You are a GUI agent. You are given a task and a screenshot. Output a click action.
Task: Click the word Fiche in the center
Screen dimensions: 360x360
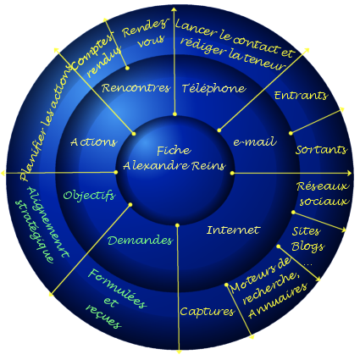click(174, 150)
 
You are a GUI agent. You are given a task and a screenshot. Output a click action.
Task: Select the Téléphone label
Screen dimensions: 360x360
click(213, 89)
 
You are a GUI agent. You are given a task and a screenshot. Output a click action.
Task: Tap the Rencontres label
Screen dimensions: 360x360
click(136, 88)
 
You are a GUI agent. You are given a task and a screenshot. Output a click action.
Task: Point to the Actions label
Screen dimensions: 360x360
click(93, 141)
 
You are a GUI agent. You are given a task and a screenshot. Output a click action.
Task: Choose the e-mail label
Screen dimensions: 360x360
click(254, 141)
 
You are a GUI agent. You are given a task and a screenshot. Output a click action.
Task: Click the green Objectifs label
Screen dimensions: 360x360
click(89, 196)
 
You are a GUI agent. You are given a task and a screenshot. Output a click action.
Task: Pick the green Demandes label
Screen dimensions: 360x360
click(140, 241)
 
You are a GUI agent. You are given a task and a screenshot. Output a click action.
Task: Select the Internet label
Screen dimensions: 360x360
click(233, 230)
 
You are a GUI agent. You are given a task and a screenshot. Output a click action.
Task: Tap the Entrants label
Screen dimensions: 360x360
click(301, 96)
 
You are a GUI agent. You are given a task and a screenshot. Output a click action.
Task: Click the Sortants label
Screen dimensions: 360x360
click(321, 150)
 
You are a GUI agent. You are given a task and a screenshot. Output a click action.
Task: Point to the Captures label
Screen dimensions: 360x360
click(208, 312)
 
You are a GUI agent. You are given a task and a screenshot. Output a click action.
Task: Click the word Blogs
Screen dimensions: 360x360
click(307, 246)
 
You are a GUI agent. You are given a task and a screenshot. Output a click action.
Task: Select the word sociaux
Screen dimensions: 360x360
click(324, 202)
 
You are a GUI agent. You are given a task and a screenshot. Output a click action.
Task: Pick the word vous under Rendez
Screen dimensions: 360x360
click(151, 41)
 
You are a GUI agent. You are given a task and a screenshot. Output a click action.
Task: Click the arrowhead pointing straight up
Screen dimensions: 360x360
click(174, 10)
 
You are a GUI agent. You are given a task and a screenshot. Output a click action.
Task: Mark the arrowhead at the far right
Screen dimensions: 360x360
click(349, 173)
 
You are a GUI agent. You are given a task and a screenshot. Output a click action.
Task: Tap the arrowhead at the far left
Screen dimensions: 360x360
click(3, 173)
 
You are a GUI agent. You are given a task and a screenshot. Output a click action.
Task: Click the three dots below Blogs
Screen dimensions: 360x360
click(307, 265)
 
